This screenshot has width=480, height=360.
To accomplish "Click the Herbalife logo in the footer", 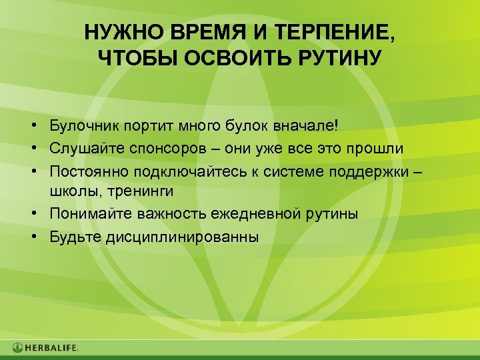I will coord(45,347).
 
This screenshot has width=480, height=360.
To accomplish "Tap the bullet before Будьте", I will coord(32,237).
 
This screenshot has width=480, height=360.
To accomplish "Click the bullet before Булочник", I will coord(32,125).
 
